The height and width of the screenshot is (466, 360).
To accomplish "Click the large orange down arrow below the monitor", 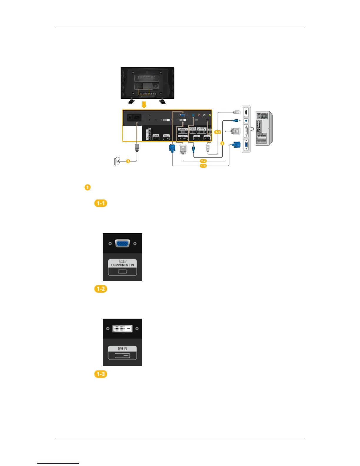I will coord(144,105).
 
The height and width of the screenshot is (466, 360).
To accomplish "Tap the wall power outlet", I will coord(117,161).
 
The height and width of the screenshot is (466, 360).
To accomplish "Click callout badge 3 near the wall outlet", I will coord(128,161).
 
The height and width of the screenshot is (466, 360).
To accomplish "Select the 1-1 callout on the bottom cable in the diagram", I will coord(203,166).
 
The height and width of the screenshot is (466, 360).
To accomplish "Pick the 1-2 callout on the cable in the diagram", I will coord(203,161).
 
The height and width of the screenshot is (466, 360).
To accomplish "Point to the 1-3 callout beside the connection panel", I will coord(217,132).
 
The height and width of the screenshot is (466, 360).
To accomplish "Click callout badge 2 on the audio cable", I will coord(222,143).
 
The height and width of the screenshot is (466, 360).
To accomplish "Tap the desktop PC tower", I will coord(264,128).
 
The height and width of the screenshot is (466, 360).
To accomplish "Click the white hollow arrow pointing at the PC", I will coord(252,128).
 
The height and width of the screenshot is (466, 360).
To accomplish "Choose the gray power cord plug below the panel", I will coord(136,147).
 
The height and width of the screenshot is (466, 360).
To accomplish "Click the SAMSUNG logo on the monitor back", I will coord(147,78).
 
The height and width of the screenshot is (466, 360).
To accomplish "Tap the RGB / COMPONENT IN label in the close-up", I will coord(122,263).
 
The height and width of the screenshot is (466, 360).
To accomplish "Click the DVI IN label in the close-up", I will coord(122,349).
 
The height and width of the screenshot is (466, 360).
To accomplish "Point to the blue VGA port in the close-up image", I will coord(122,244).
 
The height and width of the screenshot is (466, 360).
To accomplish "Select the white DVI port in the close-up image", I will coord(122,329).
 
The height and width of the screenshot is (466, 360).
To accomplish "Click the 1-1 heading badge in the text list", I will coord(101,203).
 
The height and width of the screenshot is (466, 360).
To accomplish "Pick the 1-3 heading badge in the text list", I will coord(101,374).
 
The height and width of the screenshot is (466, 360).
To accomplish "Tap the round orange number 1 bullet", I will coord(87,187).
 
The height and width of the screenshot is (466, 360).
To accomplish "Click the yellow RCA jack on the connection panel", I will coord(209,116).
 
